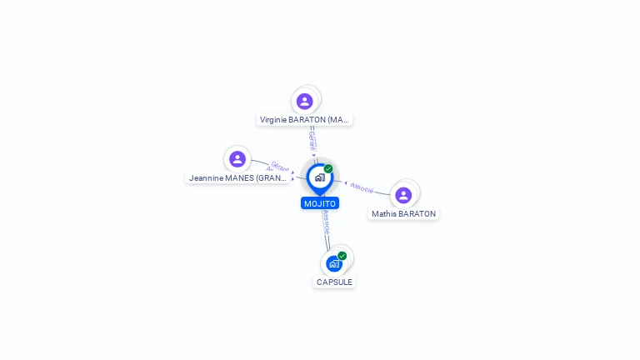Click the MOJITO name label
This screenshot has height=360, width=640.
[x=320, y=203]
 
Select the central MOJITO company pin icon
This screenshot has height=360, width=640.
[x=319, y=177]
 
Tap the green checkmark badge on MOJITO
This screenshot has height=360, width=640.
[x=328, y=169]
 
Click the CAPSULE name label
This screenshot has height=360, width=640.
[x=334, y=282]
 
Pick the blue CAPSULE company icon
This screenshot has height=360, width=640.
[x=334, y=263]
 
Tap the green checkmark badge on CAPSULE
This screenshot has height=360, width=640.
[x=342, y=256]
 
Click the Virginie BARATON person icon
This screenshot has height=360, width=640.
[x=305, y=101]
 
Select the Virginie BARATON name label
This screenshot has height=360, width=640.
[x=304, y=119]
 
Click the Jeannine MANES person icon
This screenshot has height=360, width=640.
[x=237, y=158]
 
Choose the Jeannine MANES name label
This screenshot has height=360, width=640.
[x=237, y=177]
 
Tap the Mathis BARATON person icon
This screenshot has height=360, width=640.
[x=403, y=195]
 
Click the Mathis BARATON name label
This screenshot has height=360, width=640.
[x=403, y=213]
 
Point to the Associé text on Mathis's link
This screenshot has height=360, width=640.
[x=362, y=187]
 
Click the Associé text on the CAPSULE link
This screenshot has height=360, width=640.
[x=326, y=220]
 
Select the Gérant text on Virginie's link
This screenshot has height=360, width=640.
[x=312, y=139]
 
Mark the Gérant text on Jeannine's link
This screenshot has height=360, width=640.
[x=279, y=166]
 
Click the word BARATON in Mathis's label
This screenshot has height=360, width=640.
[x=417, y=213]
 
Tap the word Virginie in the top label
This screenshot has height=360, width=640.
[x=273, y=119]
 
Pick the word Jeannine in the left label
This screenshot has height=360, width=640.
[x=207, y=177]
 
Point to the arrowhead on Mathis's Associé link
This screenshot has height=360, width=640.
[x=345, y=182]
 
